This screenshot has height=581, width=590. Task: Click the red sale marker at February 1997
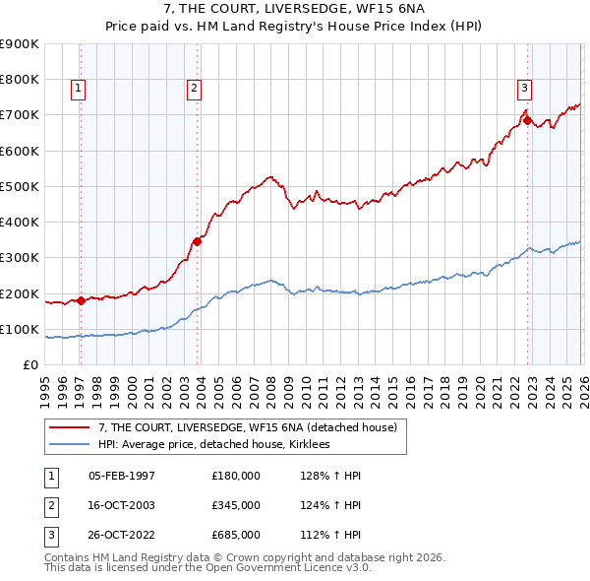pos(81,301)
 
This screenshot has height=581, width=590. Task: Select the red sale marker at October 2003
pos(198,240)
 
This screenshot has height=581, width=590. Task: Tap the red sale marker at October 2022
pos(528,121)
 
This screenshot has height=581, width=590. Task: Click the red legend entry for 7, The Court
pos(247,427)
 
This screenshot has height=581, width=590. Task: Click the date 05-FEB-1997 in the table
pos(122,476)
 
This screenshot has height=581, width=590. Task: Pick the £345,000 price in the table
pos(235,505)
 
